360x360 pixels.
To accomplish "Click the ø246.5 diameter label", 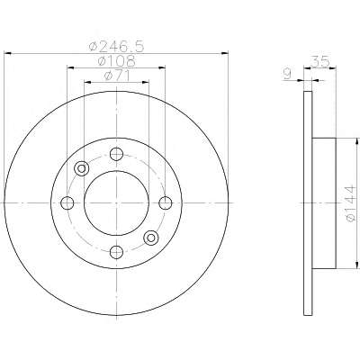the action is click(x=117, y=47).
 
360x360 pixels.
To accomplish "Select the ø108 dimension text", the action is click(x=117, y=61).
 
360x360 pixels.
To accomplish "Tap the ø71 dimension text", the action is click(x=117, y=76).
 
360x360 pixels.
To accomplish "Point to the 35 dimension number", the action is click(x=320, y=61).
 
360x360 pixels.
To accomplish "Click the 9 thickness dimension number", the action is click(x=287, y=74).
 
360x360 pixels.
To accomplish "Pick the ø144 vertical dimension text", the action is click(x=351, y=203).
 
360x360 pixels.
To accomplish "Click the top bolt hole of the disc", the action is click(x=116, y=154).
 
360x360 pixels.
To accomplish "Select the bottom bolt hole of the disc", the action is click(x=116, y=252).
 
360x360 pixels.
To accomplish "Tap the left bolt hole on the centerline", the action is click(x=67, y=203).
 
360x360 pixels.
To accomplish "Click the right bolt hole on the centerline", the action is click(x=166, y=203).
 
